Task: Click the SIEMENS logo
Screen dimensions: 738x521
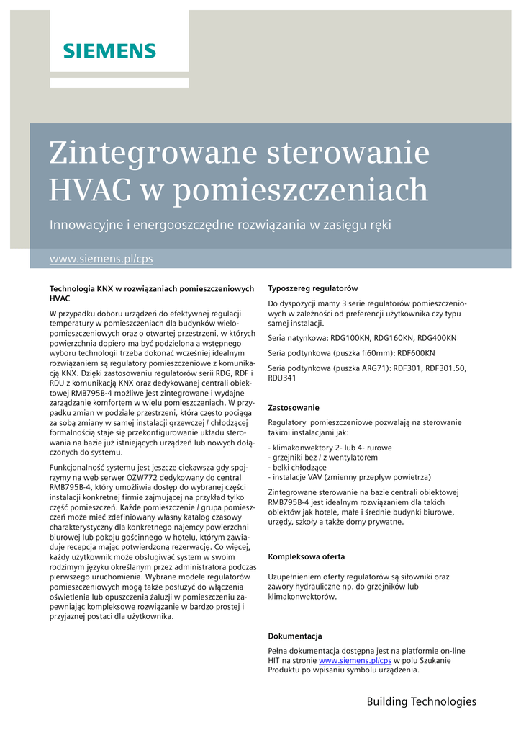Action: click(x=109, y=50)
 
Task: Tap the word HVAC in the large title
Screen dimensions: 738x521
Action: click(x=90, y=190)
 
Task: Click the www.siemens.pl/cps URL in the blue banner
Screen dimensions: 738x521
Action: click(x=101, y=259)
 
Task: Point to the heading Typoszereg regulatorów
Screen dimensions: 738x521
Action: click(x=312, y=288)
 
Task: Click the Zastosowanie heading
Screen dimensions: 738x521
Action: click(x=294, y=407)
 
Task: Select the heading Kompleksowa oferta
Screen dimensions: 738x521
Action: click(x=306, y=556)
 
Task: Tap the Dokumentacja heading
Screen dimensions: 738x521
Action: click(x=295, y=636)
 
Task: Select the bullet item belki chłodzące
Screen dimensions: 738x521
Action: click(x=301, y=467)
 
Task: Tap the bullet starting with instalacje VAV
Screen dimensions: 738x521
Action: click(x=349, y=477)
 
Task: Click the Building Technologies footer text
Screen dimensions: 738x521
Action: click(x=421, y=701)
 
